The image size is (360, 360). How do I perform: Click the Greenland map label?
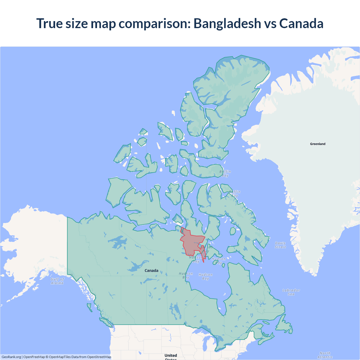318,144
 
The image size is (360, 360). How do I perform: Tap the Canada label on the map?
151,271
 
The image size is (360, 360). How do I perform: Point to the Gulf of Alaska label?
57,281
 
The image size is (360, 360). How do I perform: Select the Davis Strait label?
280,245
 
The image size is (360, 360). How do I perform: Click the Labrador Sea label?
291,292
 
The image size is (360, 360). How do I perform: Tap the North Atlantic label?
325,355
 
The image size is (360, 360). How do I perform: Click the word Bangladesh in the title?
227,23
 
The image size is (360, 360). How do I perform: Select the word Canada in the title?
301,23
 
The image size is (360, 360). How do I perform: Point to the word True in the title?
49,23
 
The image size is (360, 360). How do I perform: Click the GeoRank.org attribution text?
11,357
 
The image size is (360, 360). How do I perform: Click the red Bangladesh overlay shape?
191,242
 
